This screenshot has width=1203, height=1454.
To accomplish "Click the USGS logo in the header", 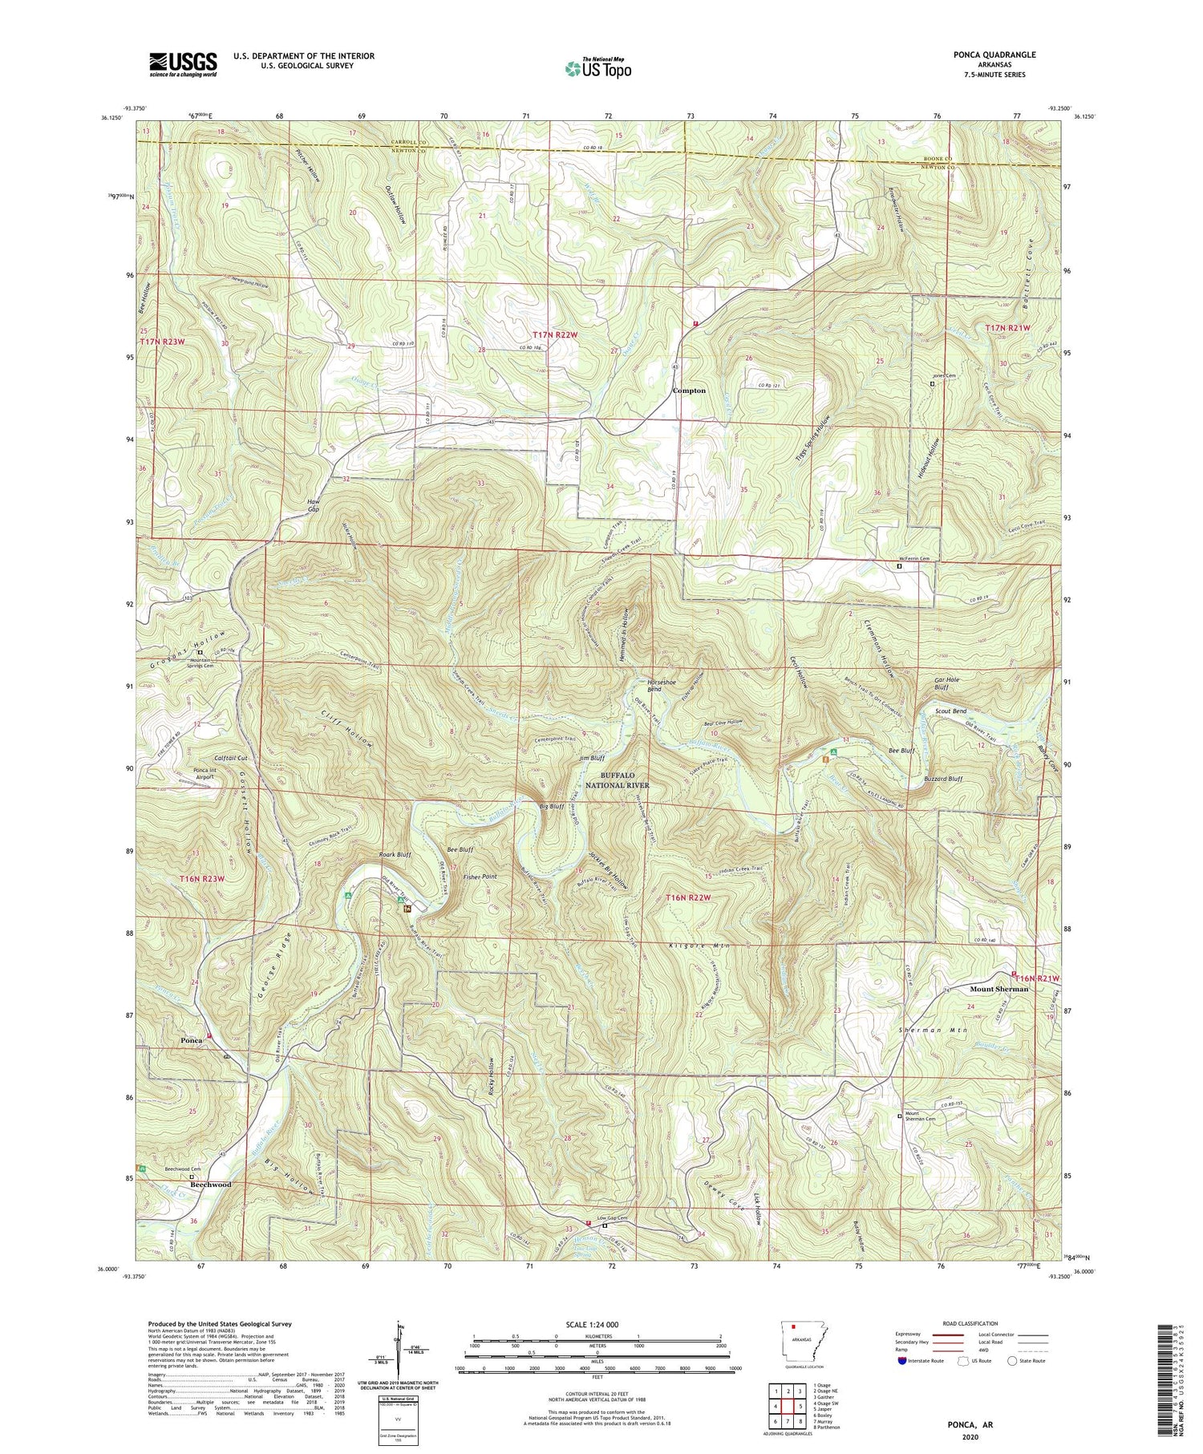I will (183, 64).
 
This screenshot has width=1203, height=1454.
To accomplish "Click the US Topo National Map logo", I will (597, 68).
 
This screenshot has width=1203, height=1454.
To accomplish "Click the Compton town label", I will (688, 391).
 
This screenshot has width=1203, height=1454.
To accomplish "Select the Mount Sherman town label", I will (998, 989).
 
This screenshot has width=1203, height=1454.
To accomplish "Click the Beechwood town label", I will (210, 1185).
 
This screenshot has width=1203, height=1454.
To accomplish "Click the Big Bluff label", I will (552, 807).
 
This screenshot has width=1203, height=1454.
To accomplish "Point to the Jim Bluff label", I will (591, 757).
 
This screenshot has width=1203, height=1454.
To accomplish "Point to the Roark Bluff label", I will (395, 855).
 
